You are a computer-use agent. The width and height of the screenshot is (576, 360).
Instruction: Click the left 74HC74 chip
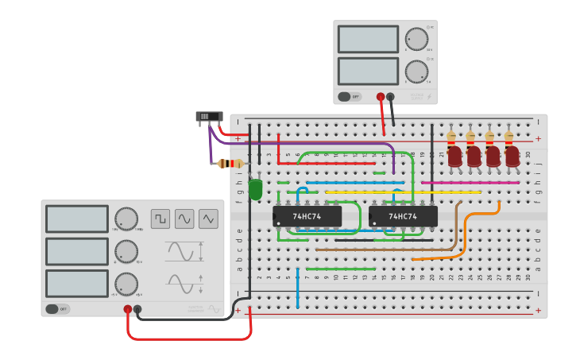pos(307,216)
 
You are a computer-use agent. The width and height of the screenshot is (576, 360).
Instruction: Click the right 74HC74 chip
pos(403,216)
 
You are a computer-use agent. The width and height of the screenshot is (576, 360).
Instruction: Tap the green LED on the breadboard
pos(255,189)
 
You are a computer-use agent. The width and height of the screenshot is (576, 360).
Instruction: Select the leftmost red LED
pos(454,156)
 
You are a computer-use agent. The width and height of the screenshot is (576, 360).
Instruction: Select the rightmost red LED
pos(512,156)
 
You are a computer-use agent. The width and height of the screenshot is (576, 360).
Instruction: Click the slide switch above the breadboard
pos(209,117)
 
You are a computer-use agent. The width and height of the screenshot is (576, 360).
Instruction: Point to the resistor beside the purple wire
pos(230,164)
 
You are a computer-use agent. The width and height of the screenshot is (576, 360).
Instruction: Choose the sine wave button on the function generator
pos(184,219)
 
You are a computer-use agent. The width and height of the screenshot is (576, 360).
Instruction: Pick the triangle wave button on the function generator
pos(208,219)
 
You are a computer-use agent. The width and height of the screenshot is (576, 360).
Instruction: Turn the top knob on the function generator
pos(126,219)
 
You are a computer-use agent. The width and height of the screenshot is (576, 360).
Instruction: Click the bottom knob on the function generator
pos(126,284)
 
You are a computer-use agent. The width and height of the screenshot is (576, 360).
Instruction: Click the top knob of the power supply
pos(416,39)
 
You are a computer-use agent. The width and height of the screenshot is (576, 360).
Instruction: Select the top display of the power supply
pos(368,39)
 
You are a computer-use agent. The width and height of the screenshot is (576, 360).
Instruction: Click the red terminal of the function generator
pos(127,309)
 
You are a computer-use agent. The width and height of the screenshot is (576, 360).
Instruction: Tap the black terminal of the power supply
pos(391,97)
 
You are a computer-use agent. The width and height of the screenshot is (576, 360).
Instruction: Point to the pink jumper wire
pos(470,183)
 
